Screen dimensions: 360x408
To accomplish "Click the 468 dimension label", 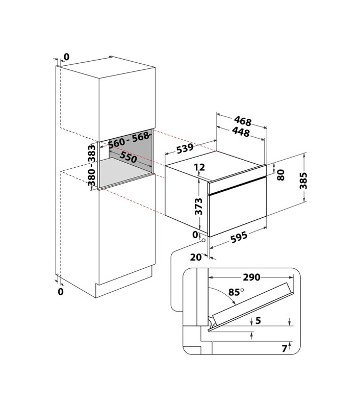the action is tap(242, 121).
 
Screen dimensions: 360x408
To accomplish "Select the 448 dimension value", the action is tap(241, 132).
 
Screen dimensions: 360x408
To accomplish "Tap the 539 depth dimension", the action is tap(185, 148).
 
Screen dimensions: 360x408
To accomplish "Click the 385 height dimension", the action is tap(303, 181).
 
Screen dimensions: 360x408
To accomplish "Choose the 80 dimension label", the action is tap(280, 175).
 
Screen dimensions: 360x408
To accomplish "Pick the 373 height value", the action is tap(198, 207).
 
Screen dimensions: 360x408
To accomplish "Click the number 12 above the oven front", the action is tap(199, 167).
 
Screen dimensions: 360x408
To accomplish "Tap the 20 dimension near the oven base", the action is tap(196, 258).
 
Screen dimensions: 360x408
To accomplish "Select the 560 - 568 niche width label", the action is tap(129, 140).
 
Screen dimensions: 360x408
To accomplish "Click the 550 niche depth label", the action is tap(128, 157).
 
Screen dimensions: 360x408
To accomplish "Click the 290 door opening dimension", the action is tap(251, 277).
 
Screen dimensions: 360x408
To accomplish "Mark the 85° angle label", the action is tap(236, 292).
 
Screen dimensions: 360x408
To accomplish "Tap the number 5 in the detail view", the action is tap(258, 320).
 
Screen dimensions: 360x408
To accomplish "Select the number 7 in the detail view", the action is tap(285, 348).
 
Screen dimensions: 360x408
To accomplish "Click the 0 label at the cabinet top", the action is tap(67, 57).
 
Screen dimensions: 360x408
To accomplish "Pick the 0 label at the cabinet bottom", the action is tap(61, 292).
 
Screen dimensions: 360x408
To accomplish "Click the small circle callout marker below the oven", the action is tap(203, 240).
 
